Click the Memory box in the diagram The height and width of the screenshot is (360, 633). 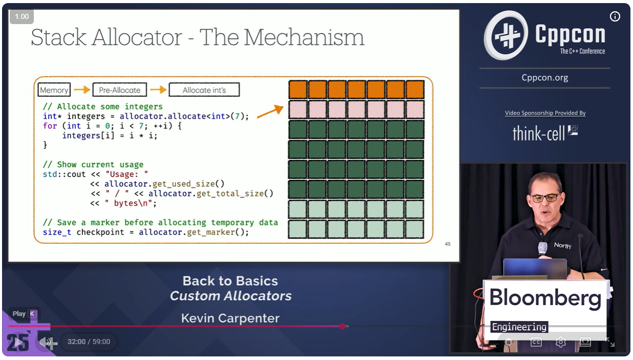[x=54, y=90]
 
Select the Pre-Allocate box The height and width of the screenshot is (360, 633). [x=119, y=90]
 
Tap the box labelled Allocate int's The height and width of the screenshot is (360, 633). [x=204, y=90]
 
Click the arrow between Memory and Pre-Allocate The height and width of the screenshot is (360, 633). [x=82, y=90]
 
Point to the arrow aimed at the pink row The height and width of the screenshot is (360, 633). [x=269, y=112]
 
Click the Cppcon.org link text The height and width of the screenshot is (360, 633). [x=544, y=77]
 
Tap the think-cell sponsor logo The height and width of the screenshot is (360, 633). [x=545, y=133]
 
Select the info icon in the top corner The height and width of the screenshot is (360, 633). [x=615, y=17]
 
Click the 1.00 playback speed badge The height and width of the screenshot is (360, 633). [x=22, y=16]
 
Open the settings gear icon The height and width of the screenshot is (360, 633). [x=560, y=342]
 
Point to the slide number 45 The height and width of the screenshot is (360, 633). [x=448, y=244]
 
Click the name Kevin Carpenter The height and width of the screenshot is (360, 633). [x=230, y=318]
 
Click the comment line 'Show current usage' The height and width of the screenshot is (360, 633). [x=93, y=164]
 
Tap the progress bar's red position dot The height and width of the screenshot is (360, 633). [x=342, y=326]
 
